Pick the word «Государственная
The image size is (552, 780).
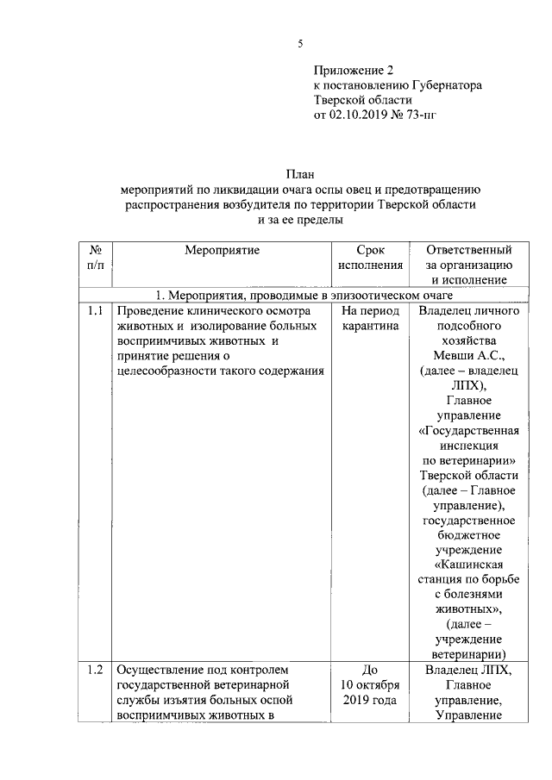(468, 431)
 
